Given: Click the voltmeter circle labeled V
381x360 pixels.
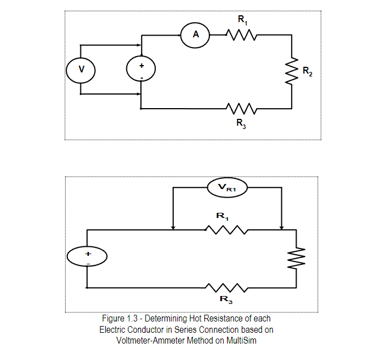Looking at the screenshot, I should tap(81, 69).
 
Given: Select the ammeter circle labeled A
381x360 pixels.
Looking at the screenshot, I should tap(195, 35).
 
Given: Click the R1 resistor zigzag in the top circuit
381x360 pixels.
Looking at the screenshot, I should tap(243, 36).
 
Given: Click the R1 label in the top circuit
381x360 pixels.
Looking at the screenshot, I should tap(243, 20).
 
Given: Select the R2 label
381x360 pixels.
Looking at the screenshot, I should tap(307, 71).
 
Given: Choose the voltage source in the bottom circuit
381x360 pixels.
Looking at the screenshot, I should tap(88, 256).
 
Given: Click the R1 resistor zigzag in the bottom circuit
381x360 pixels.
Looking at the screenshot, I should tap(226, 230).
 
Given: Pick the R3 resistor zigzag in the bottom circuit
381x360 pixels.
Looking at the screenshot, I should tap(226, 288).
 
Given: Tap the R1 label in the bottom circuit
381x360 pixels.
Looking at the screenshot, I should tap(222, 216).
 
